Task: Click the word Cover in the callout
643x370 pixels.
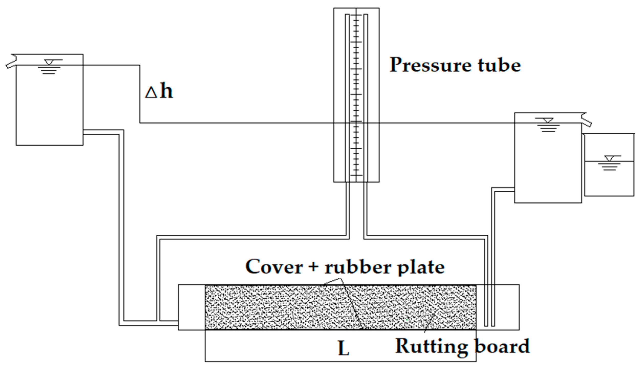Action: [x=274, y=267]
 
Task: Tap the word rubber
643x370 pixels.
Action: [x=358, y=267]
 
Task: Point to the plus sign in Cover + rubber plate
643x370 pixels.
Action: [x=314, y=267]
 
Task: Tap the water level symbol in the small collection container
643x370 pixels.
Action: [x=609, y=163]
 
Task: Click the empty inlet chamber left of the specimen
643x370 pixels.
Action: [x=192, y=307]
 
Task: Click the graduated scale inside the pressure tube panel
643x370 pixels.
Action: [x=356, y=95]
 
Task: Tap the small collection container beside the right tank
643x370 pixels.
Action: [x=609, y=179]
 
